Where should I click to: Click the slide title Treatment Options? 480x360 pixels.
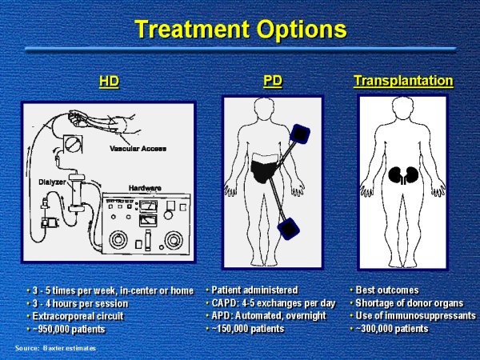coord(241,30)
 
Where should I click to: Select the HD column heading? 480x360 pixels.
coord(109,81)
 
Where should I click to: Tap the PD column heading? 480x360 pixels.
coord(273,81)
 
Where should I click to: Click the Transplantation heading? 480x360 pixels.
coord(403,81)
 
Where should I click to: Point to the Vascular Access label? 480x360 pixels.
coord(138,149)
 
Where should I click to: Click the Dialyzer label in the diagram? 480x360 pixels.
coord(52,182)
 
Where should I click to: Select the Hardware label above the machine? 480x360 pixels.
coord(145,188)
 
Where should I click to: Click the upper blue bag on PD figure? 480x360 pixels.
coord(300,134)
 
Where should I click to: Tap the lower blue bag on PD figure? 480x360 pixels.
coord(288,229)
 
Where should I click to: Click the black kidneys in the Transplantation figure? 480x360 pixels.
coord(403,175)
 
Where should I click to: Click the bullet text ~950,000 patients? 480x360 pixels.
coord(69,330)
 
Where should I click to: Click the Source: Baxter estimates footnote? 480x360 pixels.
coord(55,348)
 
